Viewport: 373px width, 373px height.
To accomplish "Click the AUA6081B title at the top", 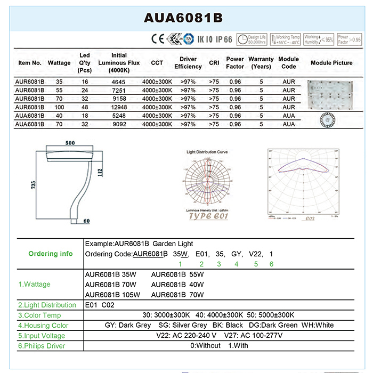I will pos(183,18).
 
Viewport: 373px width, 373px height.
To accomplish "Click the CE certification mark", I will pos(157,39).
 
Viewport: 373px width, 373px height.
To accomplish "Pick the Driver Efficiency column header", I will pos(188,63).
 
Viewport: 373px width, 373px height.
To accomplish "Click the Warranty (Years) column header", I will pos(261,63).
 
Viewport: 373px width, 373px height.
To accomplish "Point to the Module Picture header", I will pos(331,63).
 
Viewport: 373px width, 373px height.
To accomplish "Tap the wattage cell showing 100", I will pos(59,107).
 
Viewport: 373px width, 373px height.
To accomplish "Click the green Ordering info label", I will pos(50,254).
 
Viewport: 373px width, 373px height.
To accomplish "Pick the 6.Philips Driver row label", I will pos(42,346).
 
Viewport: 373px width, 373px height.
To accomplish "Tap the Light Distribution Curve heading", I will pos(207,152).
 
